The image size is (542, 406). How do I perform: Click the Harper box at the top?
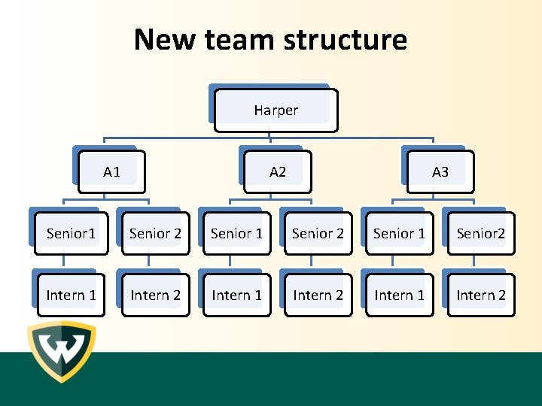[x=276, y=110]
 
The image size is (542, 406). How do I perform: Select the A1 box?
[x=111, y=172]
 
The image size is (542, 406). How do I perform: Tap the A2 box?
[x=277, y=172]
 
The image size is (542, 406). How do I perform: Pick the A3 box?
[x=440, y=172]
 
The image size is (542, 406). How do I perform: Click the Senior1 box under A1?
[x=71, y=233]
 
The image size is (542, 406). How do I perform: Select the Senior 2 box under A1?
[x=155, y=233]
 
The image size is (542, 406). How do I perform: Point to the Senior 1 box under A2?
[x=236, y=233]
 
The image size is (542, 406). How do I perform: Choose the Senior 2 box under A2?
[x=318, y=233]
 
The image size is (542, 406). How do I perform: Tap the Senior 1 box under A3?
[x=399, y=233]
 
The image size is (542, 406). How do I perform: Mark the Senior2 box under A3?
[x=480, y=233]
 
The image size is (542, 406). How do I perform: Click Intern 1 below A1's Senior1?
[x=71, y=295]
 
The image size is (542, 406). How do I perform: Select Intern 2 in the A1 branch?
[x=155, y=295]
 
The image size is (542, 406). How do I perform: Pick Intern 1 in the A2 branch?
[x=236, y=295]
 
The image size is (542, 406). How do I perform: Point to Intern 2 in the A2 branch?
[x=318, y=295]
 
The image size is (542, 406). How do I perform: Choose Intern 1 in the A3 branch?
[x=399, y=295]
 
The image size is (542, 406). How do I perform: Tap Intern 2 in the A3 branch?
[x=480, y=295]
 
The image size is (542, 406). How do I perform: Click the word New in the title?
[x=163, y=39]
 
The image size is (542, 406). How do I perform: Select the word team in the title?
[x=239, y=39]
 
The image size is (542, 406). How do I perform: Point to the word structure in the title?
[x=346, y=39]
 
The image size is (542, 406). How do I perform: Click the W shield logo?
[x=62, y=351]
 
